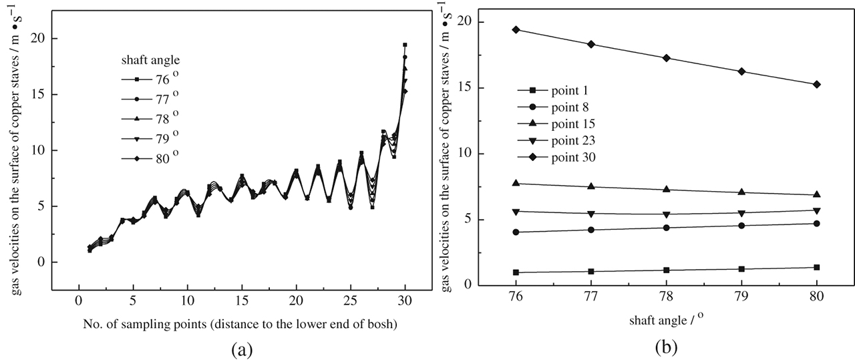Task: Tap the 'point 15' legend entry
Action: [561, 124]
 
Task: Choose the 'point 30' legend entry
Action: [561, 157]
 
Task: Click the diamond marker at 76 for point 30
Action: [516, 29]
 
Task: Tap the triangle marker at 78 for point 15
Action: [666, 189]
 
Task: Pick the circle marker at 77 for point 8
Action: [590, 230]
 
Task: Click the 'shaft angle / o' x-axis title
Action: [665, 321]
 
